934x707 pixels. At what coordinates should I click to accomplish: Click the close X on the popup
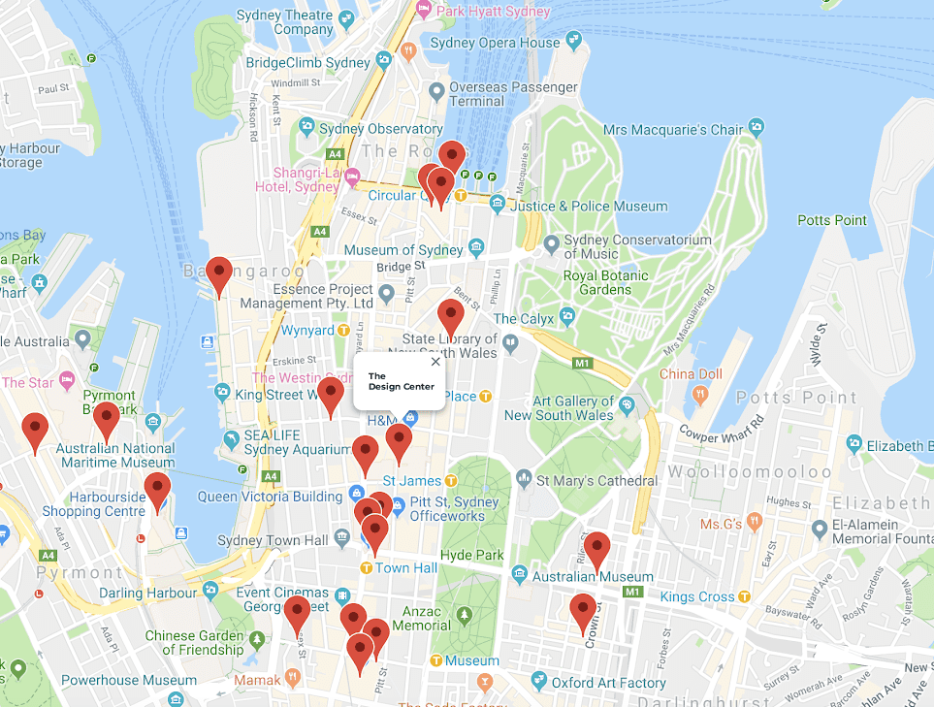pos(435,361)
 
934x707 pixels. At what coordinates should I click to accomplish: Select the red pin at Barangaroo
pos(220,274)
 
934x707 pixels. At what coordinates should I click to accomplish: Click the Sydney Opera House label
pos(495,43)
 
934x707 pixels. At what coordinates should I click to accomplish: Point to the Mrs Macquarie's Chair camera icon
pos(756,127)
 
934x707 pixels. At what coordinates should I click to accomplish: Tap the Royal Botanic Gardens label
pos(606,282)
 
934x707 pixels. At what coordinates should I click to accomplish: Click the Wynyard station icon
pos(343,331)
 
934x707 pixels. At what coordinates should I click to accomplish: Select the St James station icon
pos(451,480)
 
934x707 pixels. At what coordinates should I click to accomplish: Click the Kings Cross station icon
pos(745,596)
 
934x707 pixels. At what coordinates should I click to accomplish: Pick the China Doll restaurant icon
pos(698,393)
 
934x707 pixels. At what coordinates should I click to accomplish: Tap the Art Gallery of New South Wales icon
pos(628,402)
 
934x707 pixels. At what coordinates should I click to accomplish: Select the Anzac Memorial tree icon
pos(464,614)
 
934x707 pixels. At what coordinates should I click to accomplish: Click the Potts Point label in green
pos(832,220)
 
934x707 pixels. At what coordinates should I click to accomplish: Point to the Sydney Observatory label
pos(380,129)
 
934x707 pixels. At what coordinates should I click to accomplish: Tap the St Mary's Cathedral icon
pos(525,478)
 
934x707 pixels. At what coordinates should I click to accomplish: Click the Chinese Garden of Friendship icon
pos(256,639)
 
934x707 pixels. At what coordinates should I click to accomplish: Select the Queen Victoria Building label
pos(270,497)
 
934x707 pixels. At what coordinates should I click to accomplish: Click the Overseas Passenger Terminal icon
pos(436,91)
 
